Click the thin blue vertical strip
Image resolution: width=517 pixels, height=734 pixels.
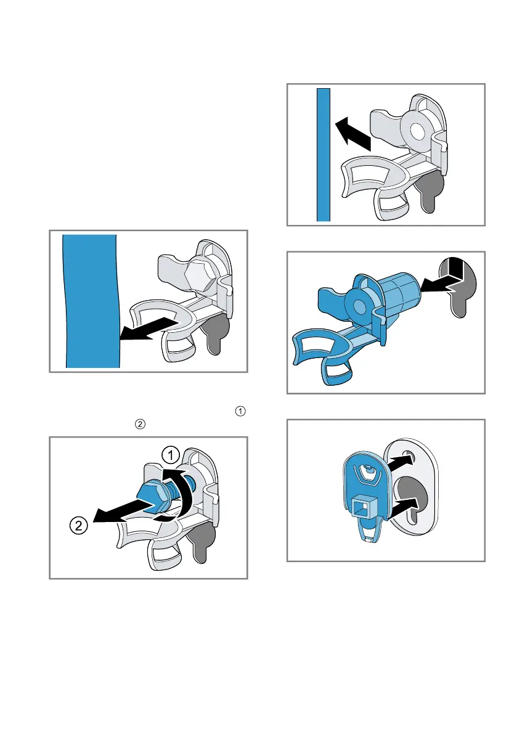[x=324, y=155]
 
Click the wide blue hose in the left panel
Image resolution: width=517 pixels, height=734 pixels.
[x=91, y=301]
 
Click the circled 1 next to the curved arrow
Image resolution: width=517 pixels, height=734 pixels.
[x=171, y=455]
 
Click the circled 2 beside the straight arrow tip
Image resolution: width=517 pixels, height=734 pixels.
[x=79, y=525]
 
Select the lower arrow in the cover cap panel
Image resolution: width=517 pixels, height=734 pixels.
[x=401, y=507]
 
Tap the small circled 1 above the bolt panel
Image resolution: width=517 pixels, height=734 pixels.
[x=240, y=412]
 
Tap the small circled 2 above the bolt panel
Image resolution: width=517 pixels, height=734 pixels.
[x=140, y=425]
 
